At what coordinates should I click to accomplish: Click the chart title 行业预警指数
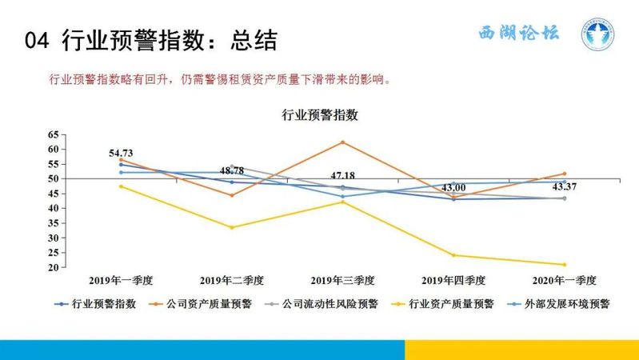tap(320, 115)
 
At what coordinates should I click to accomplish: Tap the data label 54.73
tap(121, 154)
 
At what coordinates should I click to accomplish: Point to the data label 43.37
tap(565, 186)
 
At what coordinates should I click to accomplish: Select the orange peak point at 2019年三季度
tap(343, 142)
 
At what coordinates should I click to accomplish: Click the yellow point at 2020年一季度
tap(565, 265)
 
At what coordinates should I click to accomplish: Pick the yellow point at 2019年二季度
tap(232, 227)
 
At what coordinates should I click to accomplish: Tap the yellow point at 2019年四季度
tap(453, 256)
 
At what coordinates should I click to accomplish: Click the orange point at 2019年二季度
tap(232, 195)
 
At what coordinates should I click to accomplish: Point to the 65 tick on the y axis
tap(54, 134)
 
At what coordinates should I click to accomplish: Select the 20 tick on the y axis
tap(54, 267)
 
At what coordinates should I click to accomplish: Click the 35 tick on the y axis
tap(54, 223)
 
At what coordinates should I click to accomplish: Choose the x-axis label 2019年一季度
tap(121, 281)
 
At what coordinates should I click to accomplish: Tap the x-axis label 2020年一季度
tap(565, 281)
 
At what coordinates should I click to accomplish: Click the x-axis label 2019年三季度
tap(343, 281)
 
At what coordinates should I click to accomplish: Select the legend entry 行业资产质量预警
tap(442, 304)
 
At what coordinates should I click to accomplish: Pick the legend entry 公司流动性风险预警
tap(321, 304)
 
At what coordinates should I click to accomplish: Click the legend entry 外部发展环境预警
tap(559, 304)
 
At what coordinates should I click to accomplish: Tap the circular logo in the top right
tap(597, 34)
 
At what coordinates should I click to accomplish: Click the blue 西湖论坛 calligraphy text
tap(519, 33)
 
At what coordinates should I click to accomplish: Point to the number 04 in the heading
tap(37, 40)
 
